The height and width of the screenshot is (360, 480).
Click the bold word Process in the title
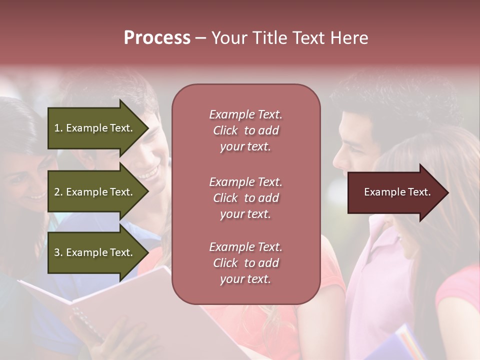157,38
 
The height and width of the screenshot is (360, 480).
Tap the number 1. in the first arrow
58,128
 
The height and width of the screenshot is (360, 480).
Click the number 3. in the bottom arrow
58,252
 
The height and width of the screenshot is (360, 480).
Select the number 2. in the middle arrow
58,192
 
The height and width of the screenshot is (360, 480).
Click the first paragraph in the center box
245,130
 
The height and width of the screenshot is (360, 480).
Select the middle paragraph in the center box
245,198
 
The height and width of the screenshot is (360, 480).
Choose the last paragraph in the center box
245,263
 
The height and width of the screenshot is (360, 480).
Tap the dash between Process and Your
200,38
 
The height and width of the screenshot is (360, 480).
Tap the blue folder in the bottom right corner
400,345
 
